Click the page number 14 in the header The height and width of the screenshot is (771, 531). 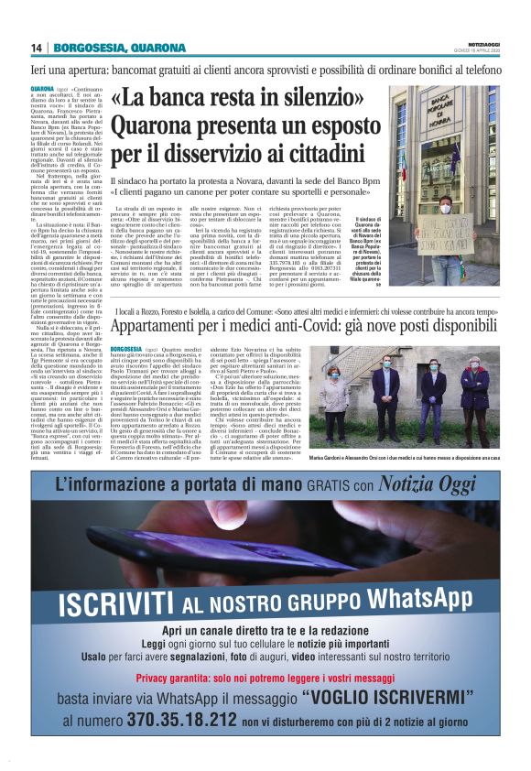pos(37,48)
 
